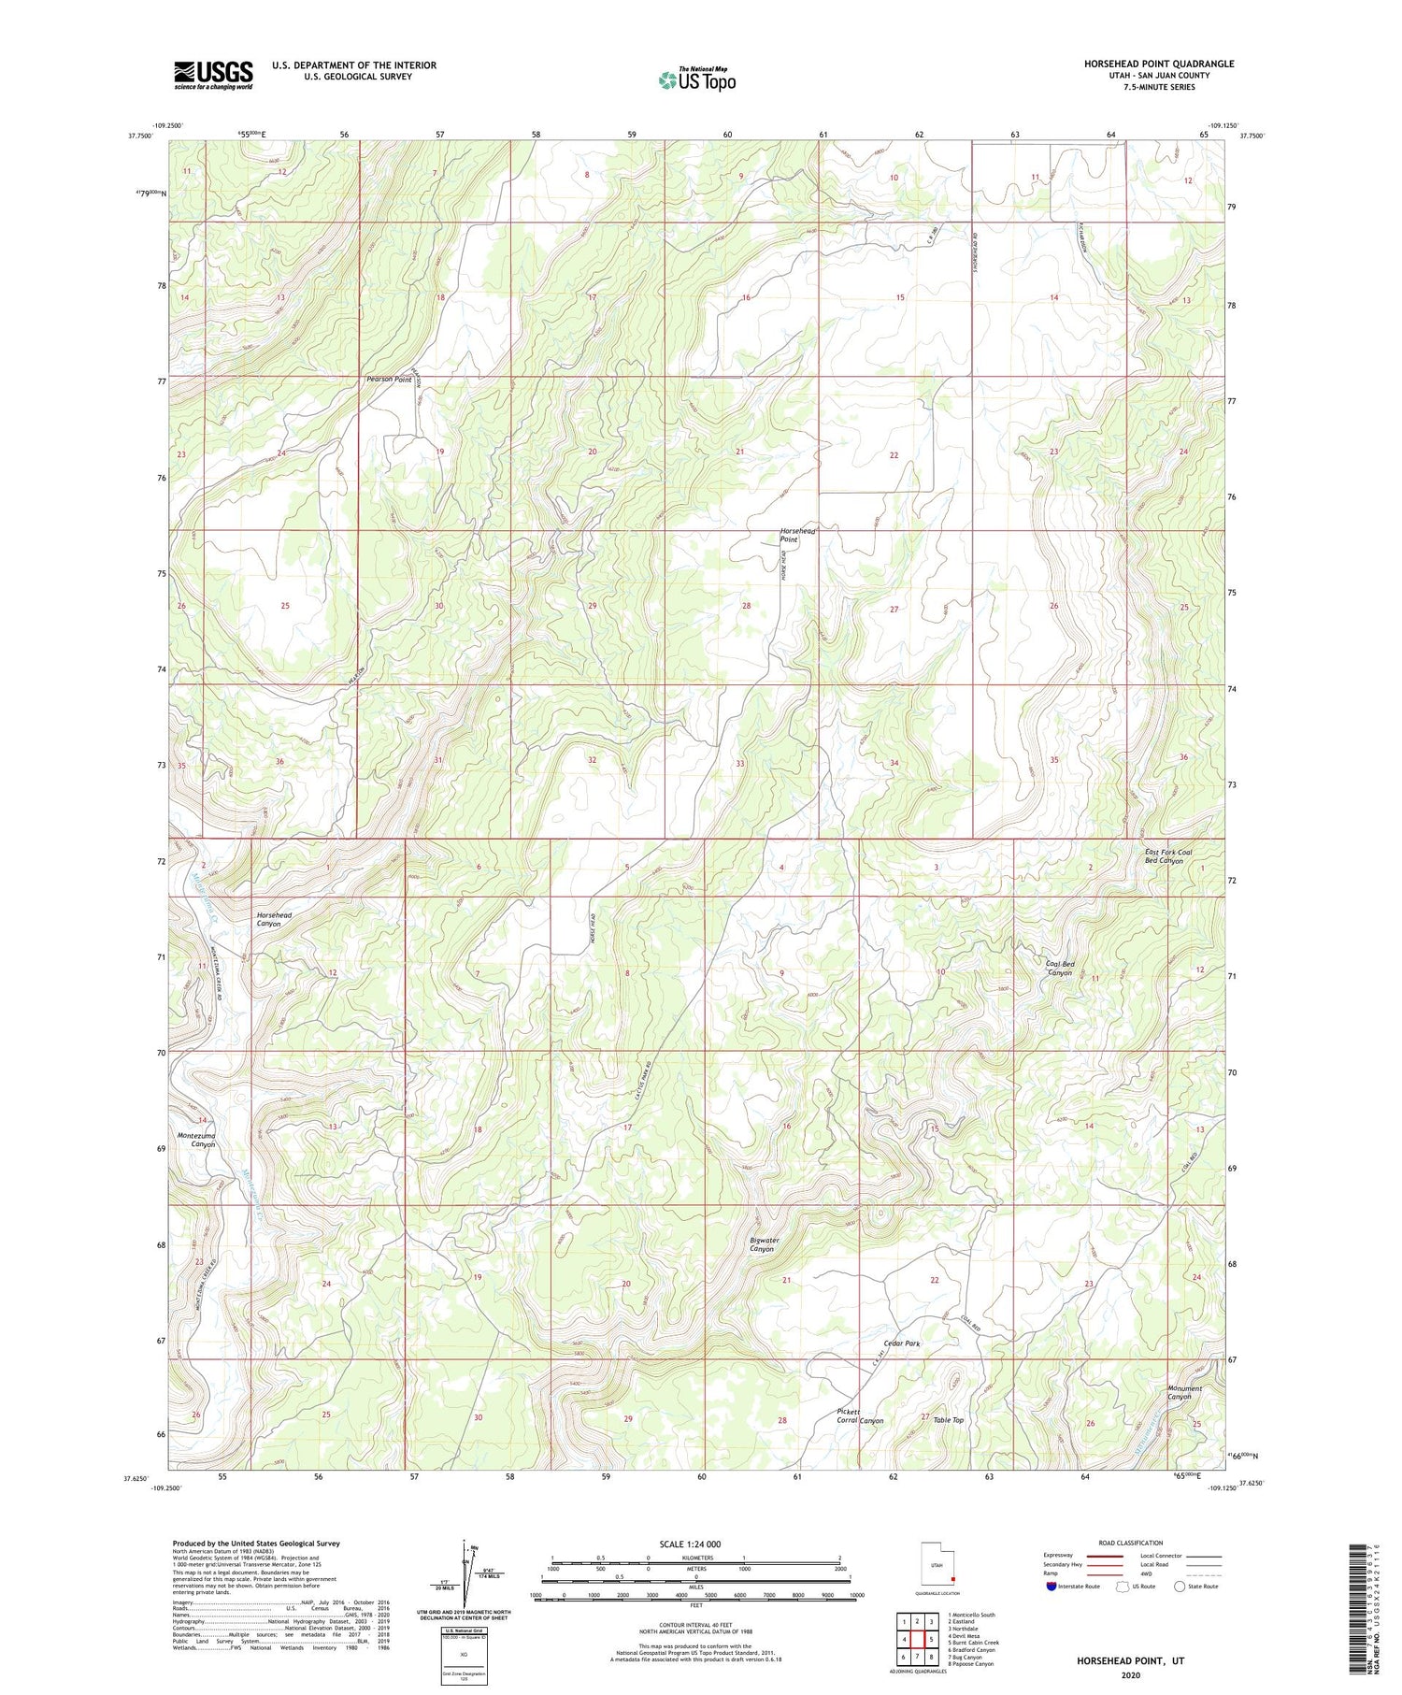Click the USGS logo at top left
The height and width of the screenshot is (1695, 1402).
tap(213, 75)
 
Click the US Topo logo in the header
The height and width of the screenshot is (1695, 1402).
tap(696, 79)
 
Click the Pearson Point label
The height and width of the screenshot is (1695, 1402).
tap(389, 380)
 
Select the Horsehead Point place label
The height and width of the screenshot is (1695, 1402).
tap(797, 536)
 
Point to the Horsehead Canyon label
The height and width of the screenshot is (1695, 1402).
tap(274, 919)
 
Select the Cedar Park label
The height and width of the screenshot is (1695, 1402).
tap(902, 1343)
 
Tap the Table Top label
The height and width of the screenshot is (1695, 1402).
tap(948, 1420)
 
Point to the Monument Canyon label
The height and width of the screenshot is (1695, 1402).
tap(1184, 1392)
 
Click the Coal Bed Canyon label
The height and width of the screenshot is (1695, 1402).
tap(1060, 968)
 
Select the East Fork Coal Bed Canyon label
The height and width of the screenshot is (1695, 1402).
tap(1168, 856)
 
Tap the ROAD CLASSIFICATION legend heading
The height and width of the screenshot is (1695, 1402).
tap(1130, 1543)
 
